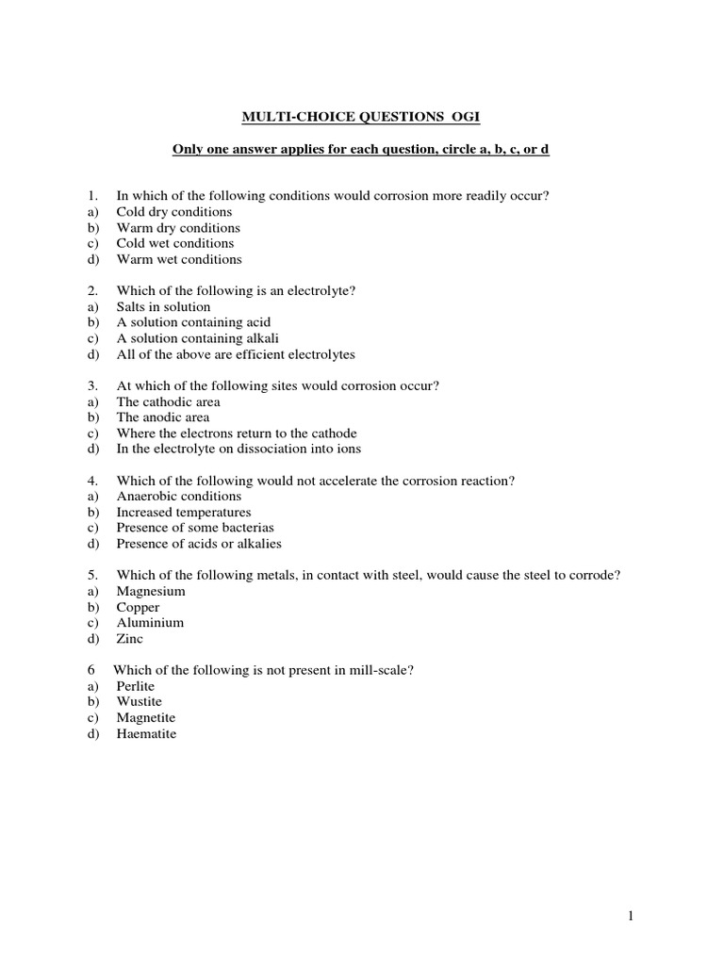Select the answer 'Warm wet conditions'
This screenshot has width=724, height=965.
click(x=179, y=259)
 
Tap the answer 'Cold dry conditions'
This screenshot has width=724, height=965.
click(x=174, y=212)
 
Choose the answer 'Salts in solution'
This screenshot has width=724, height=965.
click(x=164, y=307)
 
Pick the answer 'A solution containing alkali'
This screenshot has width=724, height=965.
click(x=198, y=338)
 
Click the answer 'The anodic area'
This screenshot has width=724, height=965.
click(x=163, y=417)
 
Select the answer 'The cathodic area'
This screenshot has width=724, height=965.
click(x=169, y=401)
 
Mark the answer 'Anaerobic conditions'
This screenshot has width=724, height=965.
click(x=179, y=497)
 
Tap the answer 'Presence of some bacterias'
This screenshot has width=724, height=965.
click(x=195, y=528)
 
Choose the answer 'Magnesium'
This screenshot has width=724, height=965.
click(x=151, y=592)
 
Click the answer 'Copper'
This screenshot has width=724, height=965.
click(x=139, y=608)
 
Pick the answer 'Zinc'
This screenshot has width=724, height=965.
click(x=130, y=639)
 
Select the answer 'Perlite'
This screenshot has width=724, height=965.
click(x=136, y=687)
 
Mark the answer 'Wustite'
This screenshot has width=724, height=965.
click(x=140, y=702)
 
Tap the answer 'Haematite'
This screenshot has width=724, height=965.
click(x=146, y=734)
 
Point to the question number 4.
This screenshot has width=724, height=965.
click(x=92, y=481)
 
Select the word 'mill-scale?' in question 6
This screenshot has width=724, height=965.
click(x=382, y=670)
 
